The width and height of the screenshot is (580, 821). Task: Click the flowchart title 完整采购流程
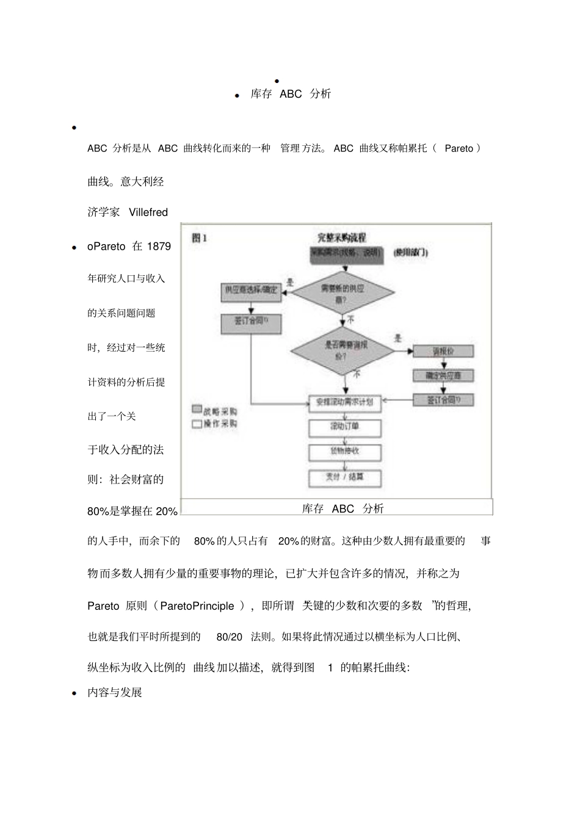coord(341,237)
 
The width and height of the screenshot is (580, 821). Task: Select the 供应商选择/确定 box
coord(250,291)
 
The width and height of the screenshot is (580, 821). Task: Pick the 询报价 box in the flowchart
coord(443,351)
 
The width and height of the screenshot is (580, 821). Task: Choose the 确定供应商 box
coord(443,375)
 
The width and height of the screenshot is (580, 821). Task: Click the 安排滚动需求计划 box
coord(345,402)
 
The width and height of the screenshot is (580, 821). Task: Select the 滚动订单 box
coord(345,427)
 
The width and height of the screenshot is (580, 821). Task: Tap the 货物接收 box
coord(345,452)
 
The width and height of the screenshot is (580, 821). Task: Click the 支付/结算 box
coord(345,477)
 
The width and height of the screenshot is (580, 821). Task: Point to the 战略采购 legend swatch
coord(197,410)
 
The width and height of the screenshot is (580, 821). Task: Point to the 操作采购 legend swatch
coord(197,423)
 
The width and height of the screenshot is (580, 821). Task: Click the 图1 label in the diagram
coord(200,237)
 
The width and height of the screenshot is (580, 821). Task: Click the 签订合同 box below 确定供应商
coord(443,400)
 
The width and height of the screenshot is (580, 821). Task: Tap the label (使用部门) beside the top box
coord(411,252)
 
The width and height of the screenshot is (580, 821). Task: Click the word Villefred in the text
coord(148,212)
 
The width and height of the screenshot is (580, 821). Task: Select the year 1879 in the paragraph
coord(159,247)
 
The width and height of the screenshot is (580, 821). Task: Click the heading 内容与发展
coord(115,693)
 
